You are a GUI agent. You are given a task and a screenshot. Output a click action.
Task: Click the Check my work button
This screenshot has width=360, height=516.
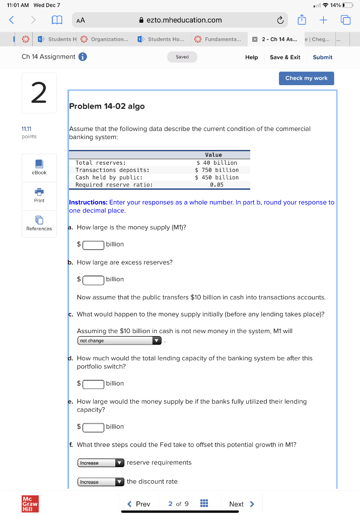point(306,78)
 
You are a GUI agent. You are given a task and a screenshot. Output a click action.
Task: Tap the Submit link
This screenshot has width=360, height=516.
point(322,57)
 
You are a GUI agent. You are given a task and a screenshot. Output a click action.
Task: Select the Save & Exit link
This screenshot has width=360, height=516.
point(285,57)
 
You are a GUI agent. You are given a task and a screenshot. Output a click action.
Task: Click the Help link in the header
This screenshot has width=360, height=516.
point(251,57)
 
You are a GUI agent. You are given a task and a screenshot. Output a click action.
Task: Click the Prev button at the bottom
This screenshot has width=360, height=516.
point(139,504)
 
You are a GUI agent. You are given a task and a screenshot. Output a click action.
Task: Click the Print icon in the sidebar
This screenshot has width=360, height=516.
point(39,193)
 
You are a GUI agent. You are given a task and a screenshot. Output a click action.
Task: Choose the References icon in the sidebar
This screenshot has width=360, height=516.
point(39,221)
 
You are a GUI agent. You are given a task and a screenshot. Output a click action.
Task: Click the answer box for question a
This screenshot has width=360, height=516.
point(94,244)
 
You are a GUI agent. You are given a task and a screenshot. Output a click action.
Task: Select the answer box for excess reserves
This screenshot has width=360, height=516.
point(94,279)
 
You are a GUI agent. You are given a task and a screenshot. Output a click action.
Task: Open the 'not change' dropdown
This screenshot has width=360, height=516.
point(119,341)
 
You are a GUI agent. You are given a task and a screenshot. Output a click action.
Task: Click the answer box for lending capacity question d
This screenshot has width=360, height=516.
point(94,383)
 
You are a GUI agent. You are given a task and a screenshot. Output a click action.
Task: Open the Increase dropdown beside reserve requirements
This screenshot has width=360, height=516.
point(101,463)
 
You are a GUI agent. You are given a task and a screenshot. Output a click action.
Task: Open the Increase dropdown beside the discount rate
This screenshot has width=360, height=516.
point(101,482)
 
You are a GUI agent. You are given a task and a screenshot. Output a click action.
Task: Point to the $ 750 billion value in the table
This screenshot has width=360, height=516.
point(217,170)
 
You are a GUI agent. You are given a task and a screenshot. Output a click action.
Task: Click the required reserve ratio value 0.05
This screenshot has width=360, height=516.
point(217,184)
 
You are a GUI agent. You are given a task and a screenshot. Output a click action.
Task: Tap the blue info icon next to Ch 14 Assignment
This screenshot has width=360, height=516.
point(83,56)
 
